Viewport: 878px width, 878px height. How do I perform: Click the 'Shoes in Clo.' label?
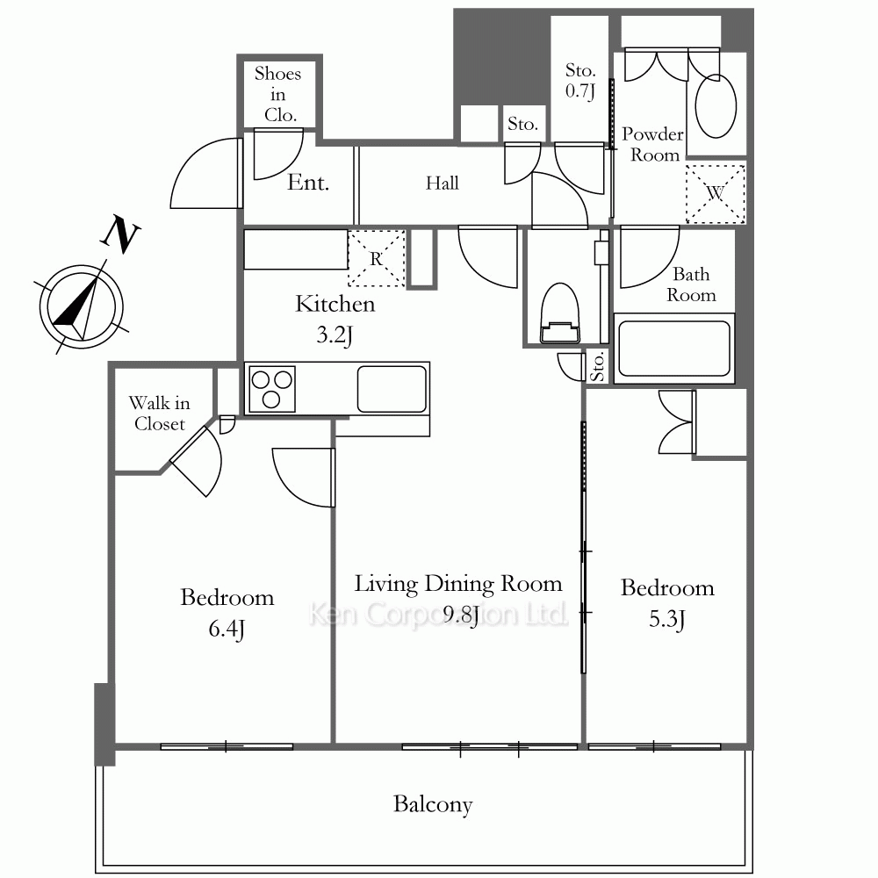[x=277, y=94]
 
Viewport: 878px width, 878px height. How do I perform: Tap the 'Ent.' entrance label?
[x=308, y=183]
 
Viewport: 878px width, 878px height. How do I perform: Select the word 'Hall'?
[x=442, y=184]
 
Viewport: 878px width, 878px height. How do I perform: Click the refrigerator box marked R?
[x=377, y=258]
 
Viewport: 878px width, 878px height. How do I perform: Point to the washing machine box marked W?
[x=716, y=194]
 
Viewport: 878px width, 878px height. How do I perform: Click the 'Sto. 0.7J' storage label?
[x=580, y=81]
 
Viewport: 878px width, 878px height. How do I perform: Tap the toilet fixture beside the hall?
[x=560, y=313]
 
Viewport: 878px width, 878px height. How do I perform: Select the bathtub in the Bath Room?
[x=674, y=349]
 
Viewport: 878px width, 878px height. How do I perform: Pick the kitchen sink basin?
[x=392, y=389]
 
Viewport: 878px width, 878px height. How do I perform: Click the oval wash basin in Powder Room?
[x=716, y=106]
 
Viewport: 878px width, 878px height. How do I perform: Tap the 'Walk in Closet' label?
[x=160, y=414]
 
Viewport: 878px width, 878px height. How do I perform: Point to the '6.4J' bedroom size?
[x=227, y=630]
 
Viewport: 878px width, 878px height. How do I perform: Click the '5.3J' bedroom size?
[x=667, y=619]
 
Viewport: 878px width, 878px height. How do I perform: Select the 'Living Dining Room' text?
[x=458, y=584]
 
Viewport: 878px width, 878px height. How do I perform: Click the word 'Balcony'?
[x=433, y=804]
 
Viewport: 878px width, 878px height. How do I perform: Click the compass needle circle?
[x=82, y=306]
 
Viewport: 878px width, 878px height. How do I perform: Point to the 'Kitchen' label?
[x=335, y=304]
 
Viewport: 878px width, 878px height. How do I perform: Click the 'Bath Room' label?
[x=691, y=284]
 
